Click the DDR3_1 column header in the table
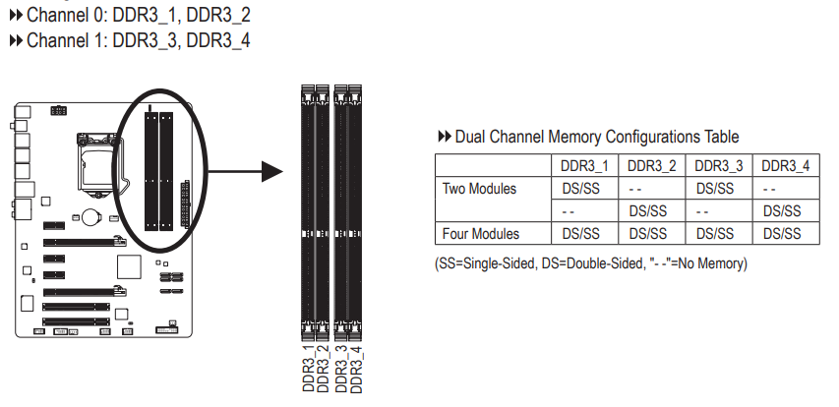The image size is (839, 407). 584,166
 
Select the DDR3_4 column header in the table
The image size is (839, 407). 786,166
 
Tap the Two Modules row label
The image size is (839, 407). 479,189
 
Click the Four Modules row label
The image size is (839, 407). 481,234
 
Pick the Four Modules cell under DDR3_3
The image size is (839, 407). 715,234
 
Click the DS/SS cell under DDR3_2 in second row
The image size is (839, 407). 648,211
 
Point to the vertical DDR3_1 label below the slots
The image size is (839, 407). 309,369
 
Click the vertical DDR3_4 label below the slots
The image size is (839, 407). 356,370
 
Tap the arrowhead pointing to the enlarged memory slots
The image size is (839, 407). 272,172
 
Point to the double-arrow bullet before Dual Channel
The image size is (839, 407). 445,137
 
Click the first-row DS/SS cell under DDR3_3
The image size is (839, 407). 715,189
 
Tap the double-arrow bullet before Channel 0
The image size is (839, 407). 16,15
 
